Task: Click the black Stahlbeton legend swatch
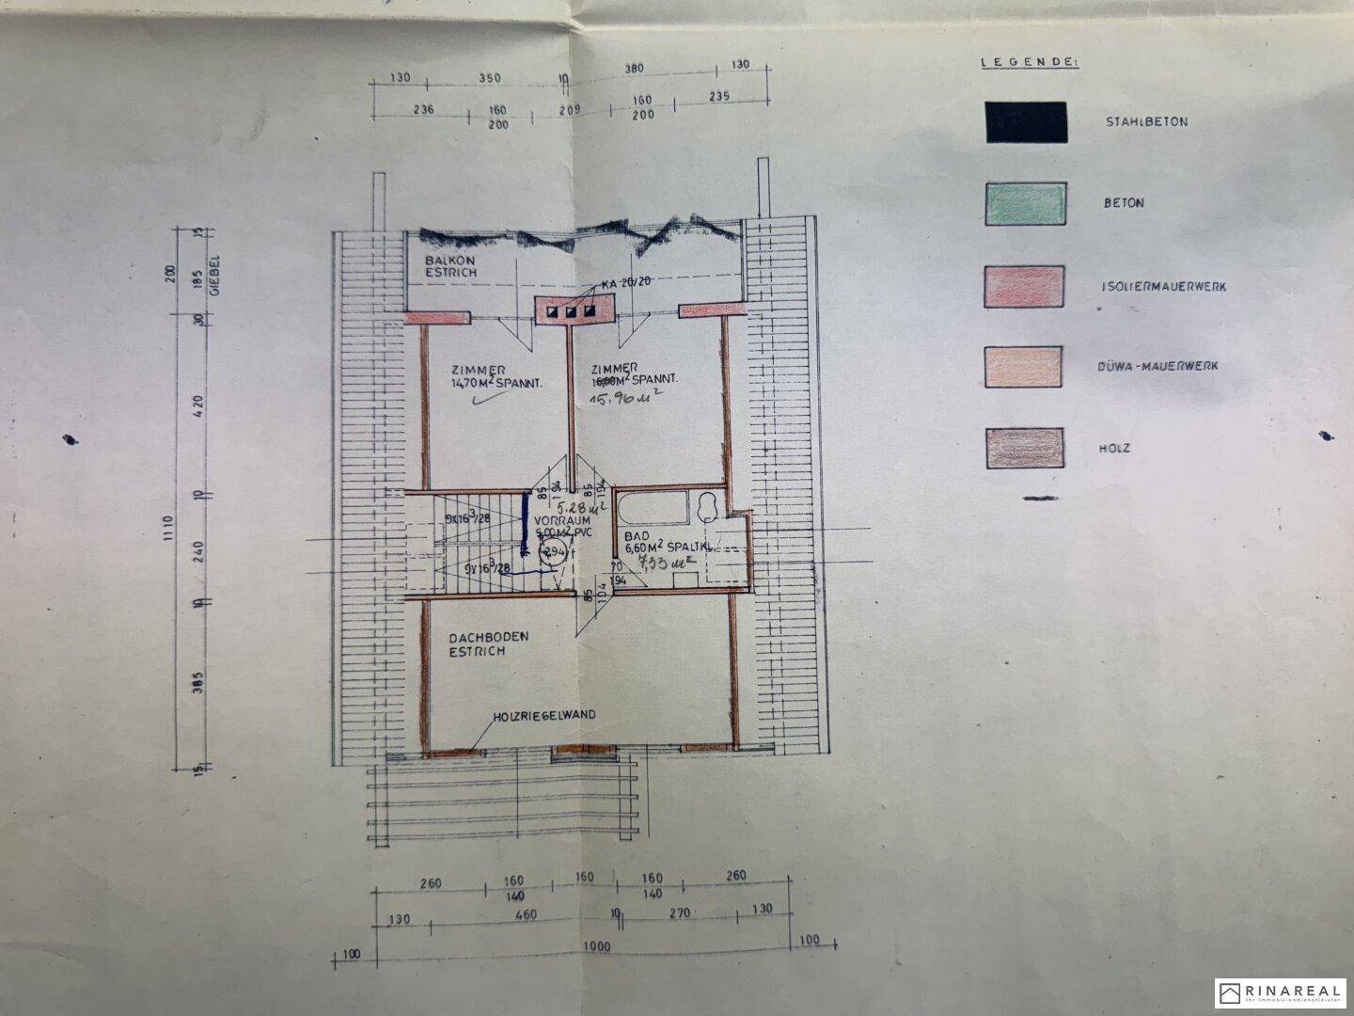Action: click(x=1026, y=122)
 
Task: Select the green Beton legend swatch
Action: click(x=1026, y=203)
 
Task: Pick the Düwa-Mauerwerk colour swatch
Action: click(x=1025, y=367)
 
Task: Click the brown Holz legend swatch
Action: click(x=1025, y=449)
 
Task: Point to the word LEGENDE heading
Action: click(x=1030, y=62)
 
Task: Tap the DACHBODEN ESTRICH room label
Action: click(x=488, y=643)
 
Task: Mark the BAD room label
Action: click(x=635, y=536)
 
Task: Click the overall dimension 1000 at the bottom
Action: click(x=596, y=946)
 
